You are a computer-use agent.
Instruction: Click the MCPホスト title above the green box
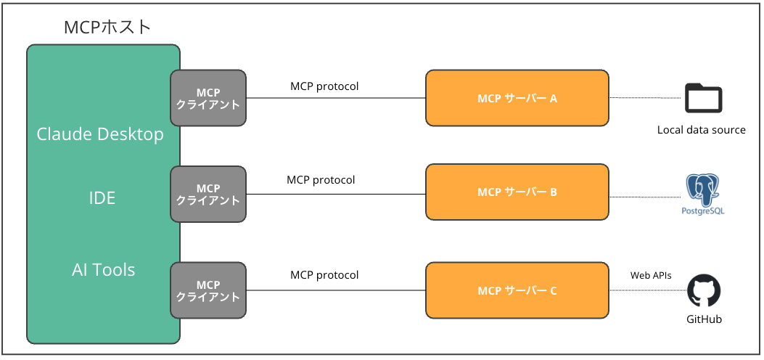coord(107,28)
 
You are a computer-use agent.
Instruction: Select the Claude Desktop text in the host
coord(100,134)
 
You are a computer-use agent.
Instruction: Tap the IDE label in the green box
coord(102,197)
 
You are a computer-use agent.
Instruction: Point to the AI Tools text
coord(103,270)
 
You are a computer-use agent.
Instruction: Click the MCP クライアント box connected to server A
coord(208,99)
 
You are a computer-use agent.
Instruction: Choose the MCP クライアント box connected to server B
coord(208,194)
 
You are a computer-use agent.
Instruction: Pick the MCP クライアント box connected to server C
coord(208,290)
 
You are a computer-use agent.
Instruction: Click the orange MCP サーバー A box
coord(517,99)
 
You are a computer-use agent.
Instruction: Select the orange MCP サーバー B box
coord(517,192)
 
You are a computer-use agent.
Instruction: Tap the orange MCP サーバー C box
coord(517,291)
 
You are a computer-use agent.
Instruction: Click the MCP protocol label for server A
coord(324,86)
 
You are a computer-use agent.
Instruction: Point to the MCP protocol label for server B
coord(321,180)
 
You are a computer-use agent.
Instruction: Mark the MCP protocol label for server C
coord(324,275)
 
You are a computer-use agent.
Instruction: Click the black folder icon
coord(703,98)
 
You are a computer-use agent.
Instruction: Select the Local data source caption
coord(701,130)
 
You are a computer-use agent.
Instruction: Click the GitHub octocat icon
coord(703,292)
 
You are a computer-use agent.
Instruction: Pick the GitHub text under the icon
coord(704,319)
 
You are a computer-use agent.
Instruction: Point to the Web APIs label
coord(650,276)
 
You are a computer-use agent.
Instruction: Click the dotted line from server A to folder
coord(646,98)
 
